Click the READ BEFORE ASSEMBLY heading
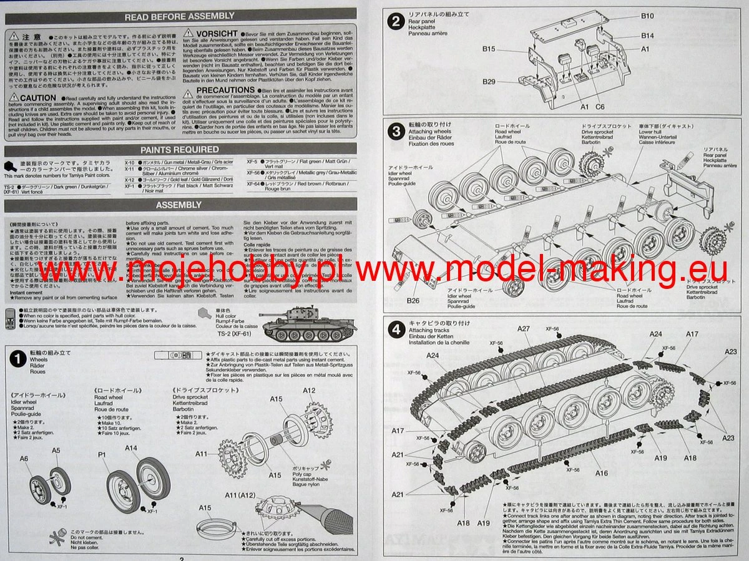point(180,17)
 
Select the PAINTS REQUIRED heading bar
point(180,150)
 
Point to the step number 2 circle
point(395,22)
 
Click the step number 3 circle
point(395,132)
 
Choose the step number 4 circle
point(395,329)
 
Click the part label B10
point(647,16)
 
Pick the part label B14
point(647,36)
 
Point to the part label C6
point(600,107)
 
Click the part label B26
point(413,301)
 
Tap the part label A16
point(601,473)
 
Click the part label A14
point(130,448)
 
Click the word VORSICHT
point(217,33)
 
